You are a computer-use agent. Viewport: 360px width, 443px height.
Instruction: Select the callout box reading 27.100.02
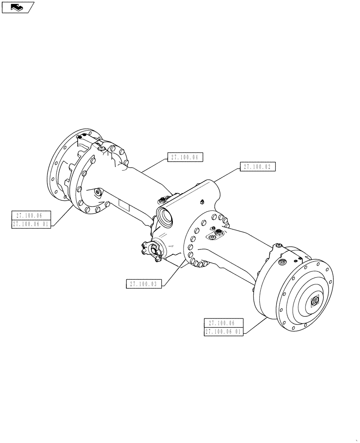(x=258, y=167)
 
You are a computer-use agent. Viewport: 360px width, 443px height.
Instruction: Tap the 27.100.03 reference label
(x=144, y=284)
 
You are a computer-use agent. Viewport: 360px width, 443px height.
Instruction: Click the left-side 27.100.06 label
(x=31, y=216)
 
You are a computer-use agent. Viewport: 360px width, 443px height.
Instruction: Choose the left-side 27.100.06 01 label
(x=31, y=224)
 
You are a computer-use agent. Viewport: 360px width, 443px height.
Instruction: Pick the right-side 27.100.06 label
(x=223, y=323)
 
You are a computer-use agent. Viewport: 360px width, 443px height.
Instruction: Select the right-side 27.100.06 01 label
(x=223, y=332)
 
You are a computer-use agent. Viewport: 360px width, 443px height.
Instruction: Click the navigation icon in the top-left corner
(x=17, y=7)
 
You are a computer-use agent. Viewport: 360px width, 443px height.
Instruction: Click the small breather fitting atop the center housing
(x=201, y=202)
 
